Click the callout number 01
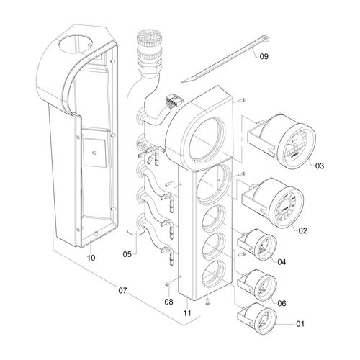point(300,325)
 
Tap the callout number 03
point(320,166)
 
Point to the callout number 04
point(282,262)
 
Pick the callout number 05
point(127,253)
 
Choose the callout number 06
point(282,304)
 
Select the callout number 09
point(264,56)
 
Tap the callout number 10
point(91,257)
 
